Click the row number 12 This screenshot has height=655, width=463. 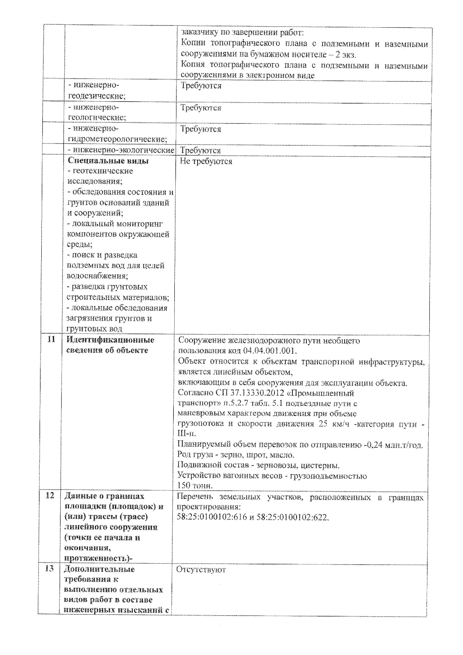coord(50,496)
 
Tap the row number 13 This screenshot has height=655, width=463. coord(49,569)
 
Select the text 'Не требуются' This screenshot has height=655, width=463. coord(206,162)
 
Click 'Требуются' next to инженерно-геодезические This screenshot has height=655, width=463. coord(201,86)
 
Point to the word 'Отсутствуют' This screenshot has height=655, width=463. coord(201,570)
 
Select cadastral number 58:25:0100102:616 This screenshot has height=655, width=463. coord(211,517)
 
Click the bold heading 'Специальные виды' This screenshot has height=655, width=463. coord(108,161)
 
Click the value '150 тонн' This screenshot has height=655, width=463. coord(195,486)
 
